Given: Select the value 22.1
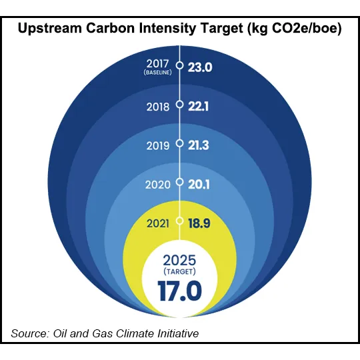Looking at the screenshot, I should pyautogui.click(x=198, y=105).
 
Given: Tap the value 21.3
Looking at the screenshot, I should pyautogui.click(x=198, y=143).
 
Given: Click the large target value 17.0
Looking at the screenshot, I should pyautogui.click(x=179, y=291).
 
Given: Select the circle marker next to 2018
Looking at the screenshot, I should pyautogui.click(x=179, y=105).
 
